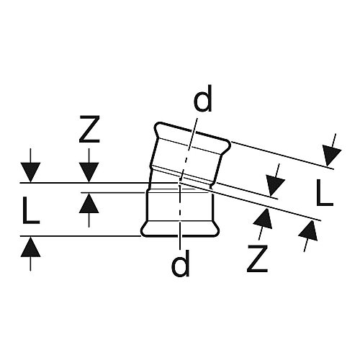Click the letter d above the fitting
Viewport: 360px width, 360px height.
click(x=203, y=99)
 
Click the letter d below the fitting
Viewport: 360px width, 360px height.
click(x=180, y=263)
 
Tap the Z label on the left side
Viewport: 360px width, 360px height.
click(x=89, y=130)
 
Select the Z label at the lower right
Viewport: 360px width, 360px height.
click(x=257, y=258)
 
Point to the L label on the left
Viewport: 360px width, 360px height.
click(x=31, y=210)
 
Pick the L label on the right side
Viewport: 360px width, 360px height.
click(x=325, y=193)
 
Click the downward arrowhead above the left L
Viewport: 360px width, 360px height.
click(x=30, y=172)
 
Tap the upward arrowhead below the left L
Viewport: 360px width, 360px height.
click(x=30, y=247)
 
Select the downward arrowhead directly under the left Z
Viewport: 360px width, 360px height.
click(x=89, y=172)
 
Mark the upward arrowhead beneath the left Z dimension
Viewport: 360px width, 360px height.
click(x=89, y=203)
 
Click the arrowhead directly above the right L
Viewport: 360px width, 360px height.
click(x=331, y=156)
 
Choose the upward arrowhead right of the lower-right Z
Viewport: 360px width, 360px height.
click(x=309, y=230)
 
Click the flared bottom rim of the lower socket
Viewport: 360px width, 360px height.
click(x=180, y=229)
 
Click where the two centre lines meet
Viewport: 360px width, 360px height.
click(x=179, y=183)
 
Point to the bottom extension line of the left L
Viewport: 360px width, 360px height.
click(x=81, y=236)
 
